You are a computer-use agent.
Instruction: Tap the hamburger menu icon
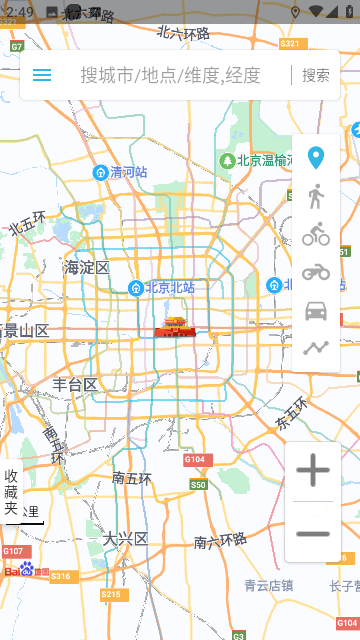pos(42,75)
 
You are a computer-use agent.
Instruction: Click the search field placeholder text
pos(170,75)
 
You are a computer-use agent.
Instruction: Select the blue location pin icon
pos(316,158)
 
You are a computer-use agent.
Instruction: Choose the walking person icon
pos(316,196)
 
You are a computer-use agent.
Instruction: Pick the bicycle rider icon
pos(316,234)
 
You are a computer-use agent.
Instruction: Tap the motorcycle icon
pos(316,272)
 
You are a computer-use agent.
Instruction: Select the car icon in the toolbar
pos(316,310)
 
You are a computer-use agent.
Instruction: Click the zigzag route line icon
pos(316,348)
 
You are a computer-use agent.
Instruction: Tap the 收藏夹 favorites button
pos(12,492)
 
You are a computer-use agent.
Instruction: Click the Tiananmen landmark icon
pos(175,327)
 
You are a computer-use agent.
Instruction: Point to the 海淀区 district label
pos(87,267)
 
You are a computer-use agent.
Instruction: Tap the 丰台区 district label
pos(75,384)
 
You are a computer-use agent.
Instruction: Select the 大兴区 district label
pos(125,538)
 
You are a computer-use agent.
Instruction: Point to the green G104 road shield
pos(196,460)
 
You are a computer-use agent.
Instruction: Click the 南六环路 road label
pos(220,542)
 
